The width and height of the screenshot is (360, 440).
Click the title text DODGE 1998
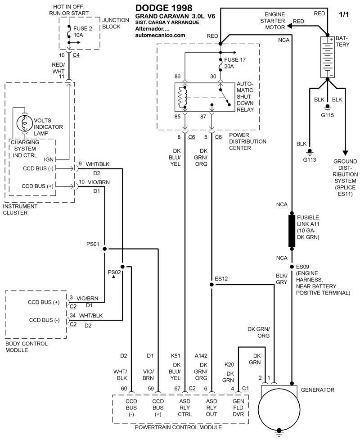[x=163, y=8]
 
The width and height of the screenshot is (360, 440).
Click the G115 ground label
[x=328, y=114]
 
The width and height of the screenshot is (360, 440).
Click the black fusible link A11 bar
[x=292, y=231]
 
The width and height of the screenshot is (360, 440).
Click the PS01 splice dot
[x=104, y=248]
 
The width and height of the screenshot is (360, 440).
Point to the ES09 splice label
[x=301, y=267]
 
